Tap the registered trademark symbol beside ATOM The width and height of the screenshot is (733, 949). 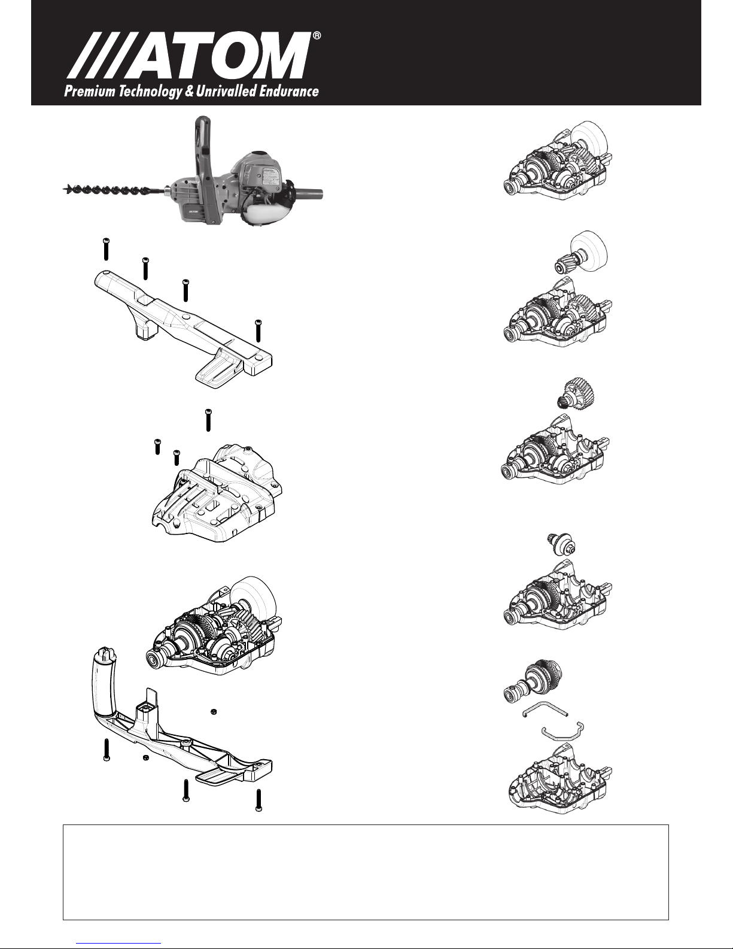coord(317,37)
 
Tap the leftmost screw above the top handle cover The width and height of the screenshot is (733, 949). coord(105,248)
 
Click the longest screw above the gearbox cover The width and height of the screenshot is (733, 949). coord(208,420)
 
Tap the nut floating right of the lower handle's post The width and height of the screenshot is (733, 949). coord(213,711)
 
